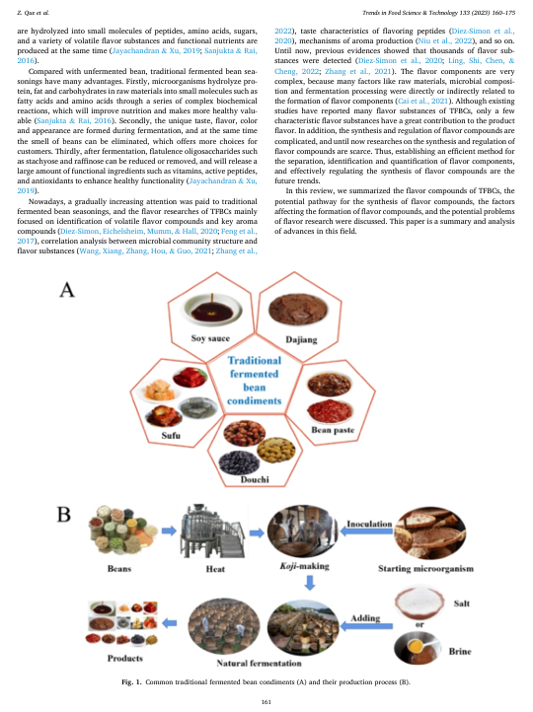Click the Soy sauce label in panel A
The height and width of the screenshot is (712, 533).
point(210,338)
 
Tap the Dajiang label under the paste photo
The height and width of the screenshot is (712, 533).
point(301,339)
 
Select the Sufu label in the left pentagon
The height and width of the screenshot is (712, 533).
point(171,436)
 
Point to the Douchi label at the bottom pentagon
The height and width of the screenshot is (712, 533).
point(255,479)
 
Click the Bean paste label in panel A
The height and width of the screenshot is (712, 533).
point(333,430)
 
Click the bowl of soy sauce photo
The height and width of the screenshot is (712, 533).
point(211,310)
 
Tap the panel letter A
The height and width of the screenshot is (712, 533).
point(67,289)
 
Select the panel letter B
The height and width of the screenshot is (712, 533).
point(63,515)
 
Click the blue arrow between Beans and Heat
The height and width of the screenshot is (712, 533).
point(169,531)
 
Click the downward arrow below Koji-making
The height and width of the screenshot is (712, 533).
point(310,583)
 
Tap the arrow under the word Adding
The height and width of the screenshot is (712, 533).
point(366,626)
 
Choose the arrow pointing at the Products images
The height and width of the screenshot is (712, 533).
point(170,623)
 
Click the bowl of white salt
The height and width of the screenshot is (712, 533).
point(419,601)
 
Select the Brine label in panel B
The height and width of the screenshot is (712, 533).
point(460,651)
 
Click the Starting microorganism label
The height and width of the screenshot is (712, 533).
point(425,568)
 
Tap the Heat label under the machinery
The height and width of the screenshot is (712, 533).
point(215,569)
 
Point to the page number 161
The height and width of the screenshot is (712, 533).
point(266,701)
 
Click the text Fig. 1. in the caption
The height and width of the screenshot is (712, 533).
point(131,682)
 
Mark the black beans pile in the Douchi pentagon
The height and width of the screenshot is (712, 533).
point(239,463)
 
